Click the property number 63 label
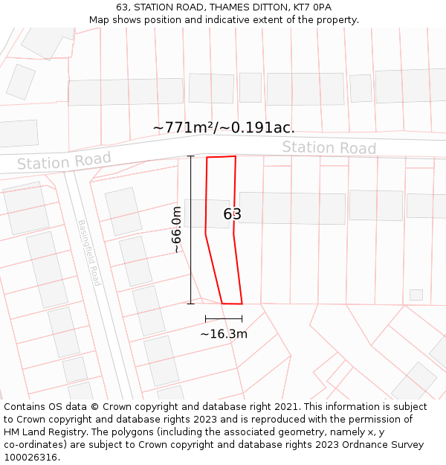pos(233,214)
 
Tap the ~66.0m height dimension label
pos(177,230)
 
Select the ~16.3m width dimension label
pos(224,334)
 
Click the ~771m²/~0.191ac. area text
pos(224,127)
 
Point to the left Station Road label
pos(64,161)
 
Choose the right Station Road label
pos(329,147)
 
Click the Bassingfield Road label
pos(88,253)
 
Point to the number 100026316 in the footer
pos(30,458)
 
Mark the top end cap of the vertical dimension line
pos(191,156)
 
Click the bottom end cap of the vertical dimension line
pos(191,304)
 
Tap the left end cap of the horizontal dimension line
pos(206,318)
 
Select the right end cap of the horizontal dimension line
pos(242,318)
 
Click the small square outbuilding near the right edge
pos(416,295)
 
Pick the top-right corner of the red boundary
pos(236,156)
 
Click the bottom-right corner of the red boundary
pos(242,304)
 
